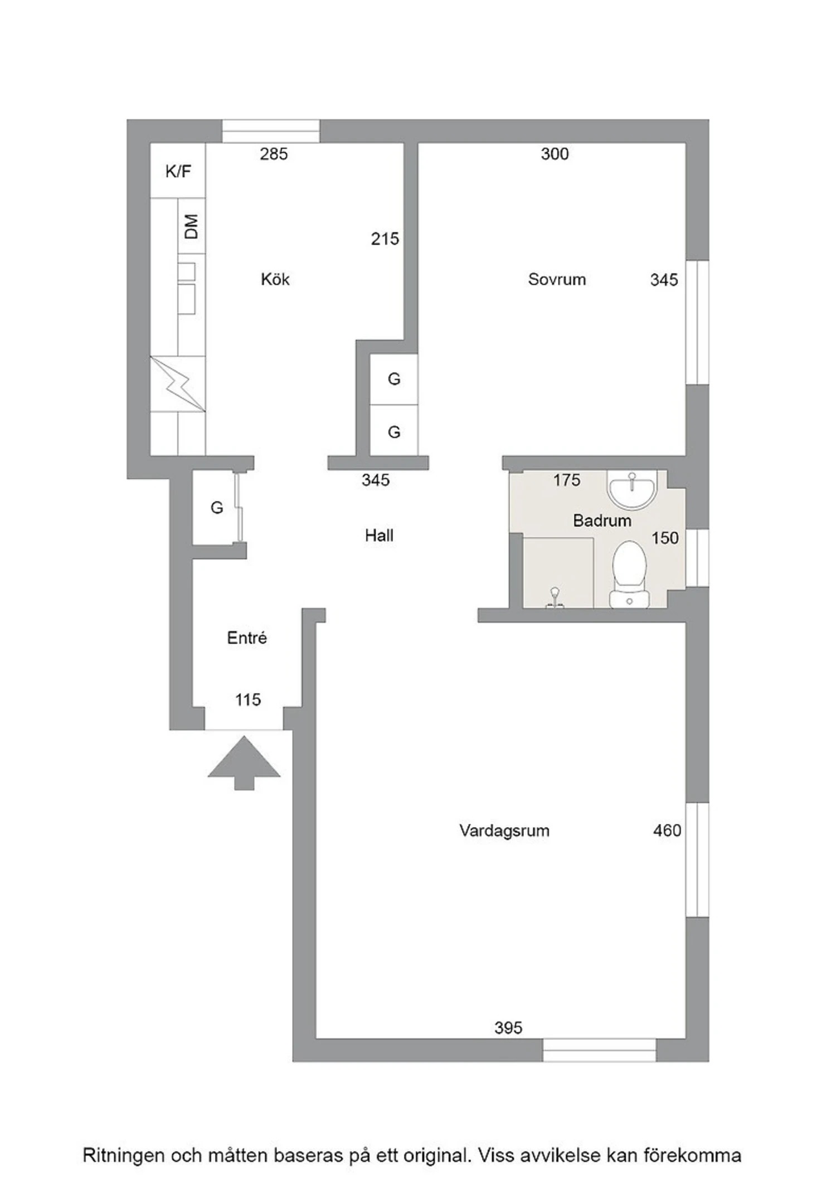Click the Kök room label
(275, 279)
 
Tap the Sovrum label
(557, 279)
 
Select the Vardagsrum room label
(504, 831)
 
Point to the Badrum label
(602, 521)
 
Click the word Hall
(379, 536)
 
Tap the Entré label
(247, 638)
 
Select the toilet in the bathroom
(629, 575)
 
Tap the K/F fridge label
(178, 171)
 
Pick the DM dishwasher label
(191, 226)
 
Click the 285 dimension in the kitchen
(274, 154)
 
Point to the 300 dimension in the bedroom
(555, 154)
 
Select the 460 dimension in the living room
(667, 831)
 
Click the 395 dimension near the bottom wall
(508, 1028)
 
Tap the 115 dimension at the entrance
(248, 699)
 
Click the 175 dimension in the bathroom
(567, 480)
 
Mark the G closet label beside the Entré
(217, 508)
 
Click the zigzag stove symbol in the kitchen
(178, 384)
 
